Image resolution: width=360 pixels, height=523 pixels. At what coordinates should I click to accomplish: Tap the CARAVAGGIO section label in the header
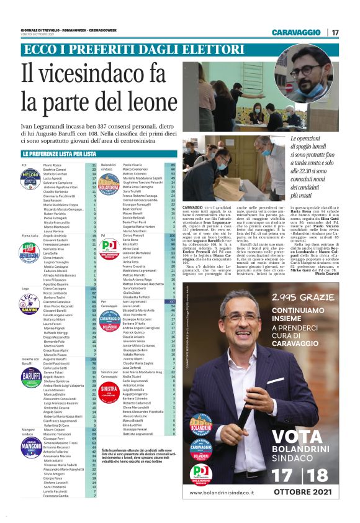pos(297,32)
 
